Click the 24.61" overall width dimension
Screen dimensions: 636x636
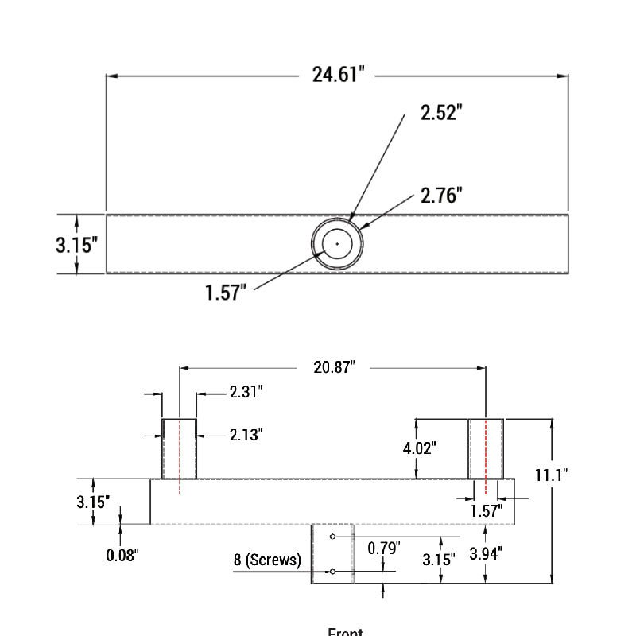pos(338,75)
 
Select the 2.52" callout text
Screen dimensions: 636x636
pos(441,112)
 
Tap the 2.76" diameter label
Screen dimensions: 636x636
pos(441,195)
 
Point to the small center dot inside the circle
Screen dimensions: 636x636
pos(337,244)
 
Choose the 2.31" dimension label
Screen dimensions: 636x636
pos(246,391)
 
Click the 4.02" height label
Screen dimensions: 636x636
pos(420,448)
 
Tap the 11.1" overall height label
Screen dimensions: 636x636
pos(551,475)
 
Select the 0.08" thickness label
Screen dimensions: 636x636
pos(123,554)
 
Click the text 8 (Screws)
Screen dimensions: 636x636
pos(267,560)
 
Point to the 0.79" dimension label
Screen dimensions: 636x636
pos(384,547)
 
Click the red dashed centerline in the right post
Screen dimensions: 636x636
pos(485,448)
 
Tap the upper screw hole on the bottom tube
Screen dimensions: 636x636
pos(332,537)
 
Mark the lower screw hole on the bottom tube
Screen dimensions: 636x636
pos(332,572)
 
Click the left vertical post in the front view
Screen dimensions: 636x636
pos(180,448)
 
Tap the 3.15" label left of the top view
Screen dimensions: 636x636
pos(76,244)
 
